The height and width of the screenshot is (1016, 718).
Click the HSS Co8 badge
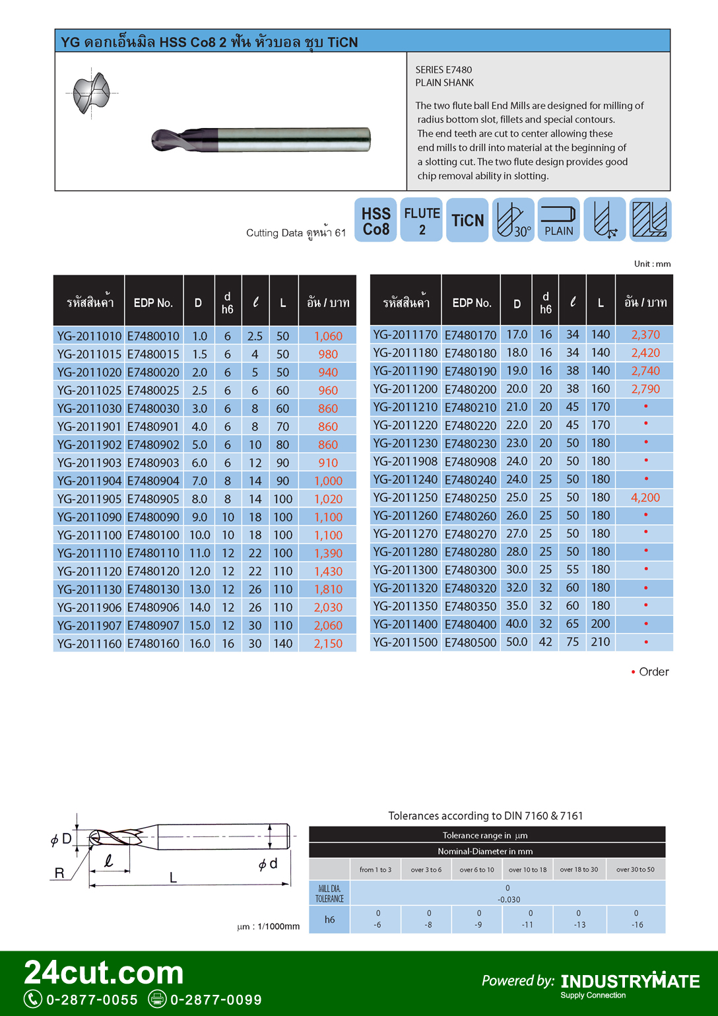375,220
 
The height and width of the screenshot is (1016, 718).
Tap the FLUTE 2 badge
422,220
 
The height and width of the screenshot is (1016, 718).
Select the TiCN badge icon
467,220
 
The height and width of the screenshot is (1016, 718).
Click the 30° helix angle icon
513,220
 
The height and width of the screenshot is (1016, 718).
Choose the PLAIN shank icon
558,220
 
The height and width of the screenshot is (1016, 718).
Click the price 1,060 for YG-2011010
328,336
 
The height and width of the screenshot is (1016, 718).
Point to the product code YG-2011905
89,499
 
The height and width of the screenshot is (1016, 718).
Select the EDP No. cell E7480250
470,498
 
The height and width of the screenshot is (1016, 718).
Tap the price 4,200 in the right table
645,498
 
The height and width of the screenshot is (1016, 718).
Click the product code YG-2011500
405,642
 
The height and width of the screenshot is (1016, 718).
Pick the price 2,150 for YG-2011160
328,644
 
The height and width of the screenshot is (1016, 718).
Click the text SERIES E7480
443,70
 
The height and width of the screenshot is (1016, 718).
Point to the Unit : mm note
652,264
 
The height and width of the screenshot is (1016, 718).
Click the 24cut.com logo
104,973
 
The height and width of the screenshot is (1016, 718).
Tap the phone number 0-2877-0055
92,1000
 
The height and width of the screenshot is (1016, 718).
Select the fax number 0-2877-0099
216,1000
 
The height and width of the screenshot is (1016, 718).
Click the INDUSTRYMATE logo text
630,982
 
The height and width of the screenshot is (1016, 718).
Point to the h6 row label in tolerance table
329,920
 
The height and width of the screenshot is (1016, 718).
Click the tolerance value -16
636,925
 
